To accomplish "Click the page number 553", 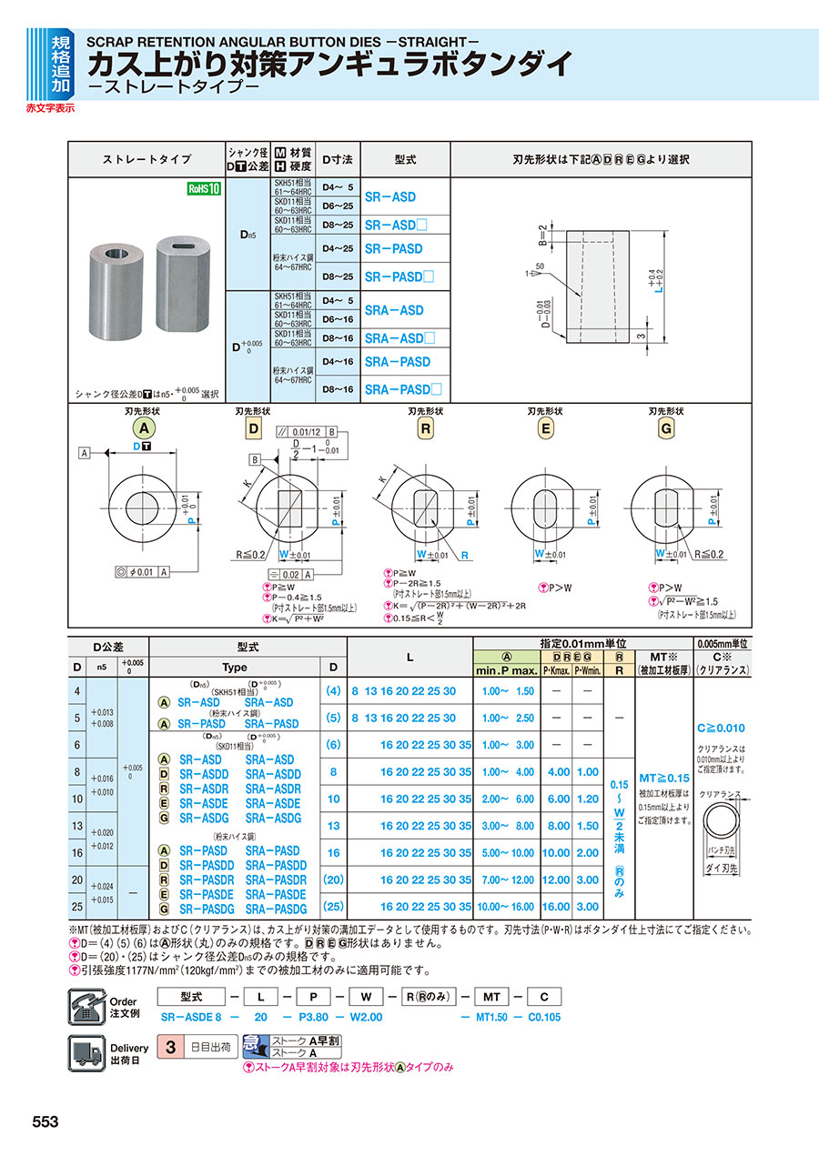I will pos(45,1121).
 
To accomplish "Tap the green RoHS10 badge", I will pos(204,188).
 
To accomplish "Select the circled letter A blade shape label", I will pos(141,428).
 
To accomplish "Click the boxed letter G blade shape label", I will pos(667,428).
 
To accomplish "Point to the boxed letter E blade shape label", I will pos(545,428).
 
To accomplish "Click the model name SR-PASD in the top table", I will pos(393,248).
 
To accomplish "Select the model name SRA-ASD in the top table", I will pos(393,310).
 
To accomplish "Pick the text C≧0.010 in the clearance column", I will pos(722,728).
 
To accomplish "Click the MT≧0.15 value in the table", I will pos(663,779).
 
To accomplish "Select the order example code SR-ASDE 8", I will pos(191,1017).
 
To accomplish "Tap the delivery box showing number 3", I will pos(169,1046).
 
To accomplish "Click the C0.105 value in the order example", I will pos(546,1017).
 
